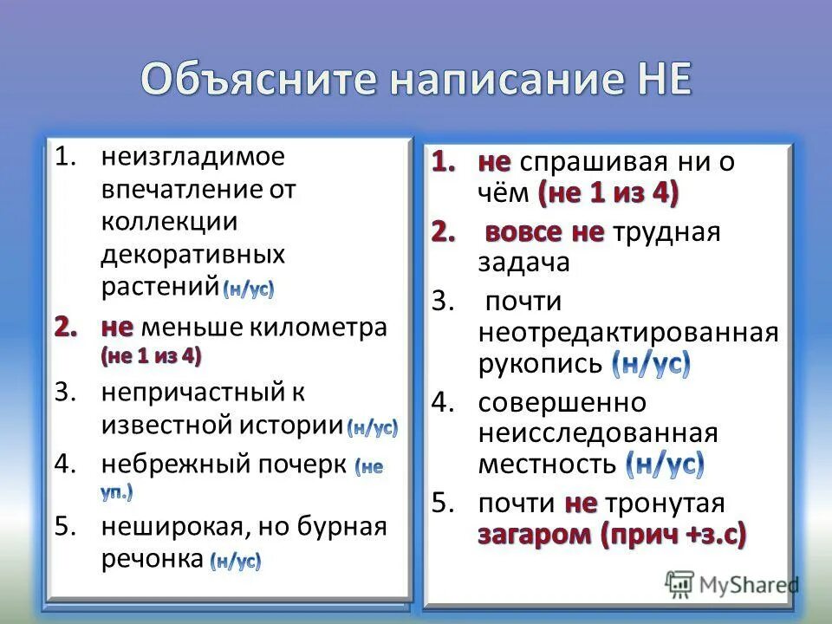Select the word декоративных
(193, 254)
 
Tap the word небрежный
(174, 463)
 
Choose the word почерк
(299, 463)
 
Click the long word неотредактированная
(628, 333)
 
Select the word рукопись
(539, 363)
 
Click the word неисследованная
(598, 433)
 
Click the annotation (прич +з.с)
(672, 535)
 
